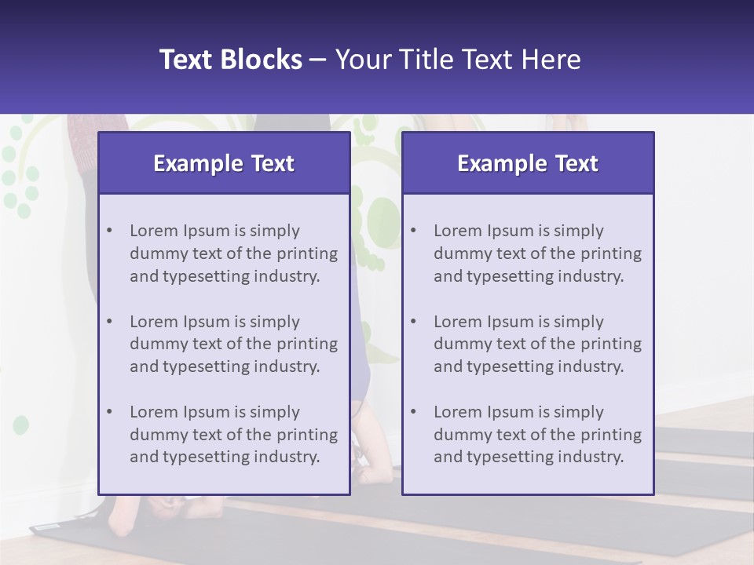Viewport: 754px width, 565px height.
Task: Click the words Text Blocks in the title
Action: click(x=230, y=60)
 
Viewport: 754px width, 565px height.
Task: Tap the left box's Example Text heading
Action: click(x=224, y=163)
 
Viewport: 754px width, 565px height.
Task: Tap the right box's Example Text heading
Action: click(x=528, y=163)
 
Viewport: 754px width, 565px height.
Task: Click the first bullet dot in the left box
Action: click(x=109, y=231)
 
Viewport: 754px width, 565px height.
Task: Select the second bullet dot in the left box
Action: click(x=109, y=322)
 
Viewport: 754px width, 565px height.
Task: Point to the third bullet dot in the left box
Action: click(x=109, y=412)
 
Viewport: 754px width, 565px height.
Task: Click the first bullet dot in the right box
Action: click(x=413, y=231)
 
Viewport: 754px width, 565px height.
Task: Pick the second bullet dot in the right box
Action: click(x=413, y=322)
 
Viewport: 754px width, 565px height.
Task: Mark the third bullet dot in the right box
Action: click(x=413, y=412)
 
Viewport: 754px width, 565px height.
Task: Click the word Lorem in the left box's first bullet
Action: click(x=154, y=231)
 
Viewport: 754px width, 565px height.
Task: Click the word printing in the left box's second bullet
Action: click(x=308, y=344)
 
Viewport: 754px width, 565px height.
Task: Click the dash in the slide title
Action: click(x=318, y=60)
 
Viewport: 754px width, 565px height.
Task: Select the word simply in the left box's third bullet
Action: click(x=275, y=412)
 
